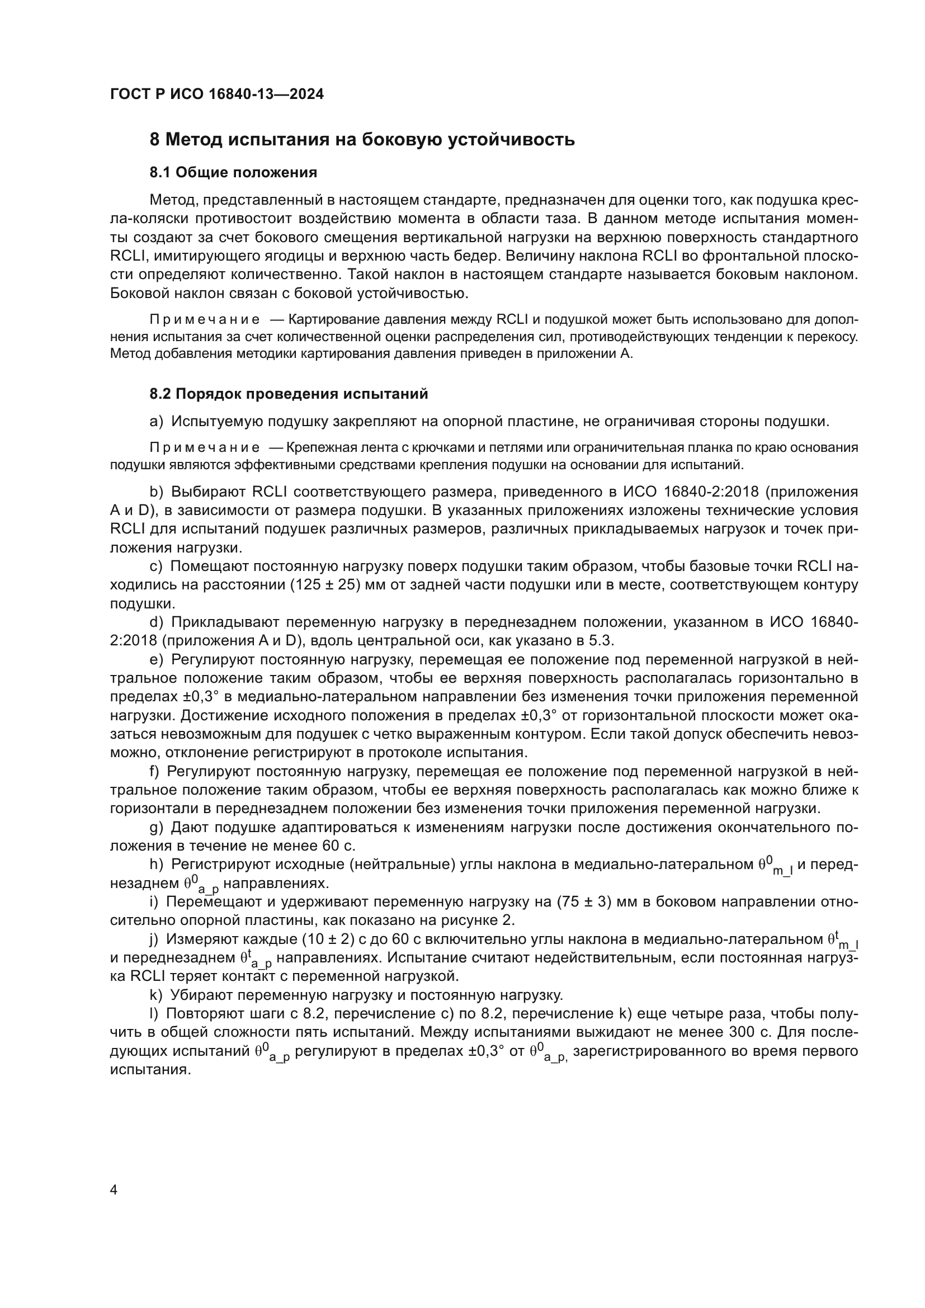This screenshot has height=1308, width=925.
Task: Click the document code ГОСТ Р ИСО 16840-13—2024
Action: [x=217, y=95]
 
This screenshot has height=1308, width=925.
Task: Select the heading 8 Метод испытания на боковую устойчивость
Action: [x=362, y=140]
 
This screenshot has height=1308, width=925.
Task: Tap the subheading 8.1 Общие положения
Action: [x=234, y=172]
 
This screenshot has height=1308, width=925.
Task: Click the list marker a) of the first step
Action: [x=157, y=422]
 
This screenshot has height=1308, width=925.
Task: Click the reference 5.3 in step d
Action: [x=602, y=640]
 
